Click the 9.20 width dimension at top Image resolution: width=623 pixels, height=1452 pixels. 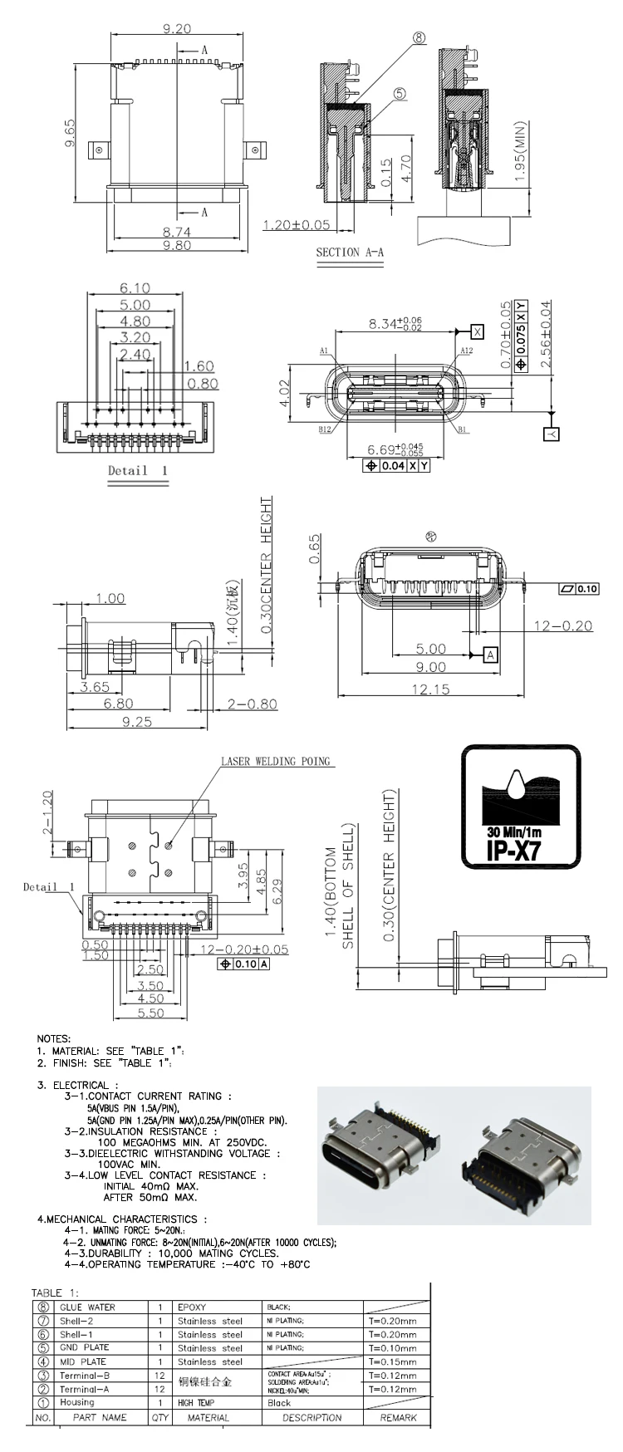click(177, 28)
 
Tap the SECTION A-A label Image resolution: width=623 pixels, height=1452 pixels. click(350, 252)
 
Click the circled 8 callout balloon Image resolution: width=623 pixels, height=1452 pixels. click(419, 38)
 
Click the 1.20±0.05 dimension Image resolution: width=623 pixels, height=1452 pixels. click(297, 224)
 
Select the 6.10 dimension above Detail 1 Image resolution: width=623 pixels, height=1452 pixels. click(135, 288)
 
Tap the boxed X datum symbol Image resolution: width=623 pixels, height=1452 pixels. click(477, 331)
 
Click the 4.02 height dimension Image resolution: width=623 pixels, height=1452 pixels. click(282, 392)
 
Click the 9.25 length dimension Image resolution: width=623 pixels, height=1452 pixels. click(137, 722)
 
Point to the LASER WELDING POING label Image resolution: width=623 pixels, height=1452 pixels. click(275, 761)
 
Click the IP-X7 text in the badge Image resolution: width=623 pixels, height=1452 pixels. click(520, 851)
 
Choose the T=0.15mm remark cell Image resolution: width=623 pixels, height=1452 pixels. click(391, 1361)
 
